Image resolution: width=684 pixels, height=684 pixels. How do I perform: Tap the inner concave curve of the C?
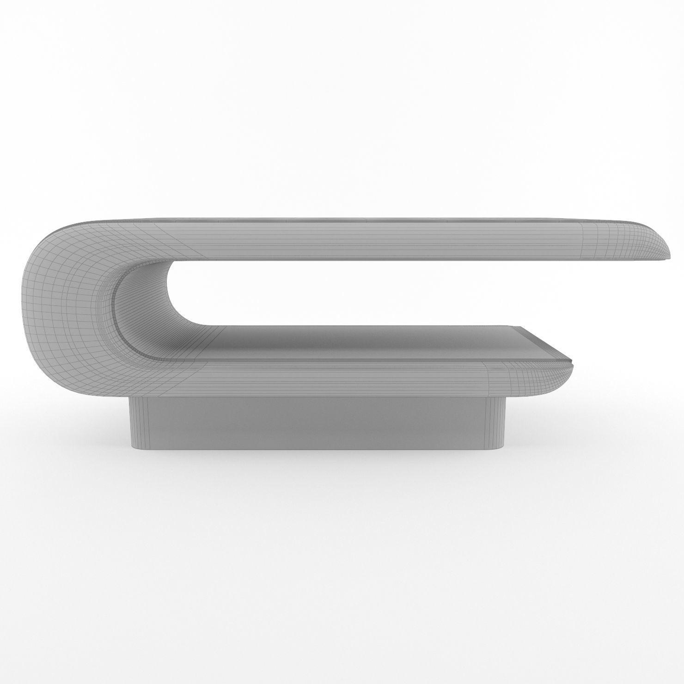[x=134, y=305]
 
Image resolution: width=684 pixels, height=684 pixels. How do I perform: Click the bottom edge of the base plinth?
[x=319, y=450]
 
